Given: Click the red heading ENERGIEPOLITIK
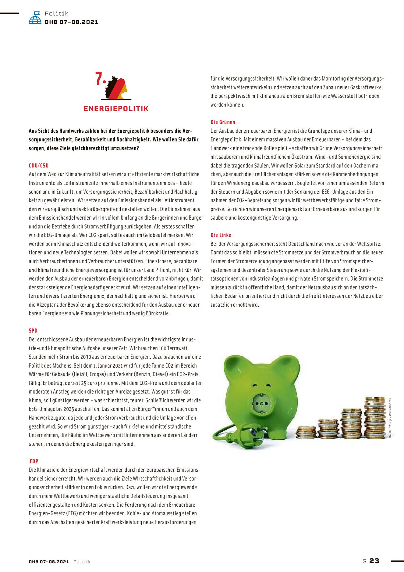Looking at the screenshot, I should coord(116,109).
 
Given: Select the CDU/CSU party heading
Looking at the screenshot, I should coord(39,166).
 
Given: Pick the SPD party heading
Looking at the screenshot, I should coord(33,331).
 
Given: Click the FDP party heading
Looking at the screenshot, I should coord(34,461).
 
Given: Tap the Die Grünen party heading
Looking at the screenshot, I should coord(223,122).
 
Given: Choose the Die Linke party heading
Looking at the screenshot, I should coord(221,235).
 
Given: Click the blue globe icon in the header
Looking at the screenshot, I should coord(35,18).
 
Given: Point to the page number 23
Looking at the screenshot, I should coord(374,561).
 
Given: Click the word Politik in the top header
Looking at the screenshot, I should coord(56,13).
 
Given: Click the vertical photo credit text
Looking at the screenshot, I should coord(390,418).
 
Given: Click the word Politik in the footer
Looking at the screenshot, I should coord(82,562).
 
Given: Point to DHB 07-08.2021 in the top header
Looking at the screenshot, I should coord(71,22).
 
